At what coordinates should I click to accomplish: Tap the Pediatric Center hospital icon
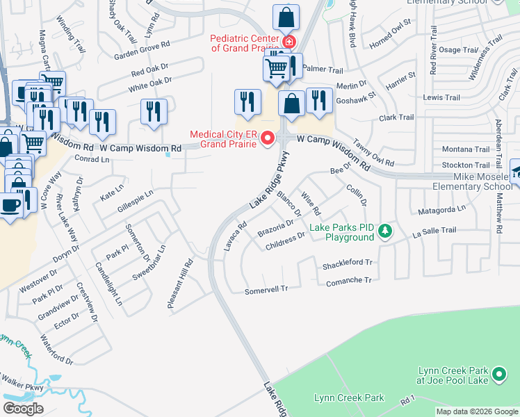tap(287, 42)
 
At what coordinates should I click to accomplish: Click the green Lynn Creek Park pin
tap(498, 375)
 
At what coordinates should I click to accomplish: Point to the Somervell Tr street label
tap(266, 291)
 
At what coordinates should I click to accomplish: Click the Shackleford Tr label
tap(348, 265)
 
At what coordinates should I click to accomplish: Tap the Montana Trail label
tap(466, 149)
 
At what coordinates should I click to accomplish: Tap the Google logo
tap(23, 409)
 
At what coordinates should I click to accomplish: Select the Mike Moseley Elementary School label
tap(472, 181)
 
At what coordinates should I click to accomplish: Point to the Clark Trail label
tap(397, 118)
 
